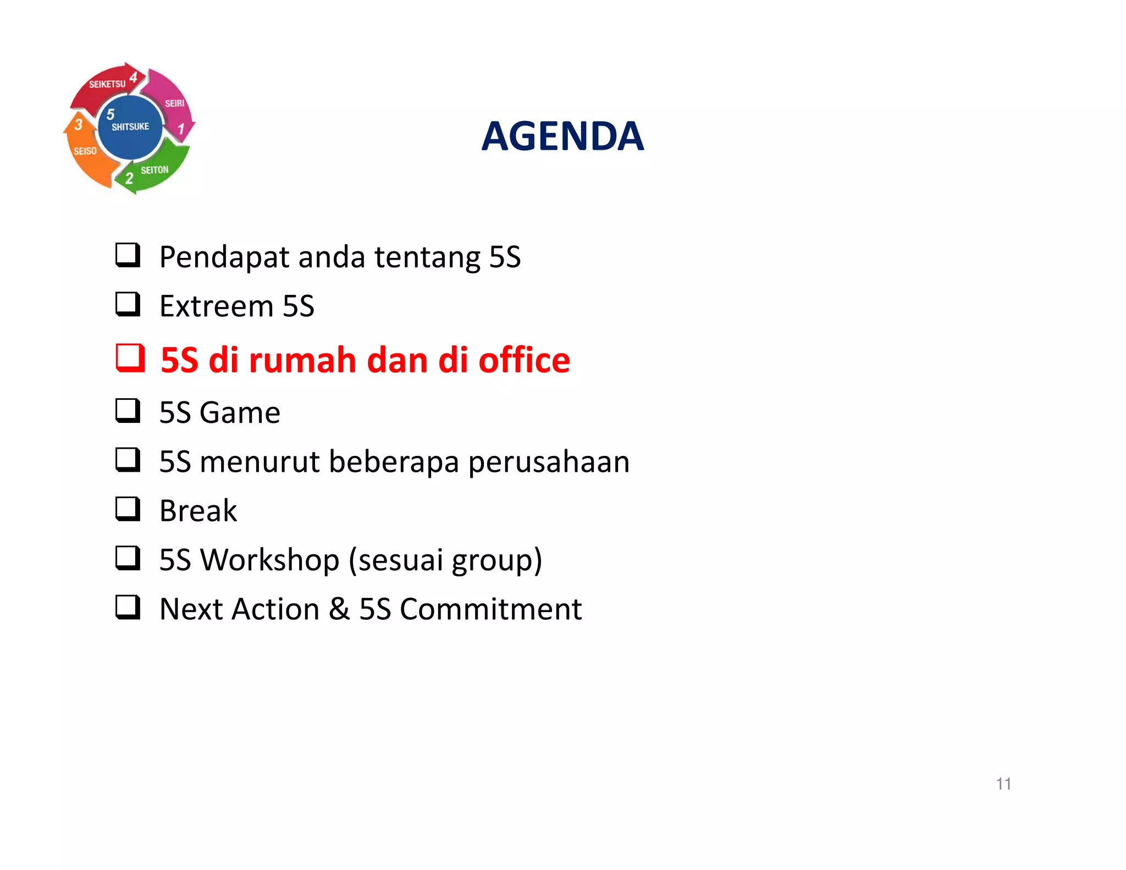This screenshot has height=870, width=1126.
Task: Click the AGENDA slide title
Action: click(x=562, y=136)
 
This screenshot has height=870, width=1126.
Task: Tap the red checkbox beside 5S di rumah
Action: click(x=130, y=358)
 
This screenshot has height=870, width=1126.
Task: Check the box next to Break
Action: click(x=128, y=509)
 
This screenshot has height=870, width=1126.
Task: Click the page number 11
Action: click(x=1003, y=784)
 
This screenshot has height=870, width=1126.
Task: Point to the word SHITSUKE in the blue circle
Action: click(x=130, y=127)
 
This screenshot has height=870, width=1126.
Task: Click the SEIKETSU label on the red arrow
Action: click(x=107, y=84)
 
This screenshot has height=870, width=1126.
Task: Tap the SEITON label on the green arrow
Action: click(x=154, y=170)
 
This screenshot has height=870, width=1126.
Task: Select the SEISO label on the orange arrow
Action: click(x=85, y=151)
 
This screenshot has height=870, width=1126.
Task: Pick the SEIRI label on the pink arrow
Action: click(x=175, y=103)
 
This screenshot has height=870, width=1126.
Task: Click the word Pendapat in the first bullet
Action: click(x=224, y=257)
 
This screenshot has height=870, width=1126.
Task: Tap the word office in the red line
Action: click(x=524, y=360)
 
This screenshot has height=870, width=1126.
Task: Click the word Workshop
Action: click(x=269, y=560)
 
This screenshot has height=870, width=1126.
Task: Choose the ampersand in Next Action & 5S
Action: click(x=339, y=609)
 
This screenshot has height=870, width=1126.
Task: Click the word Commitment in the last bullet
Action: click(x=490, y=609)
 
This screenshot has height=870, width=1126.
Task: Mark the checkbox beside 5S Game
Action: click(x=128, y=410)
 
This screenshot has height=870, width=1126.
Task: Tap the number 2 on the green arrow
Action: click(x=129, y=178)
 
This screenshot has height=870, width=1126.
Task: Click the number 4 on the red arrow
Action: click(x=134, y=77)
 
